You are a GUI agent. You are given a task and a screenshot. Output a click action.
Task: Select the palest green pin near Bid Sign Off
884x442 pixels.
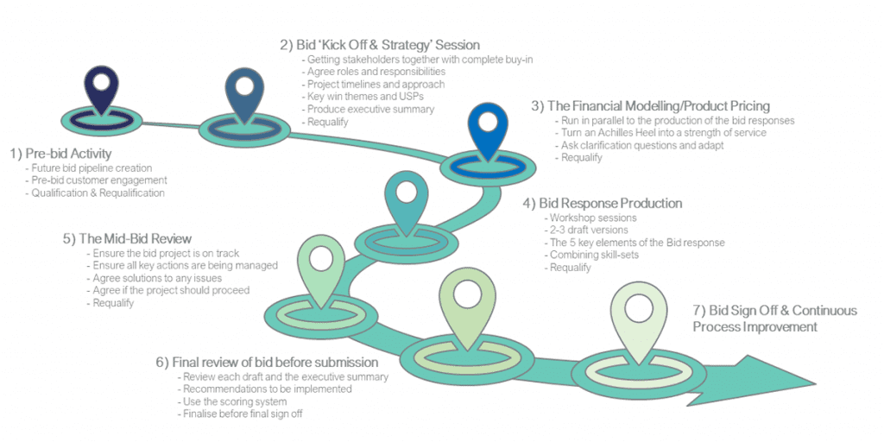pyautogui.click(x=639, y=316)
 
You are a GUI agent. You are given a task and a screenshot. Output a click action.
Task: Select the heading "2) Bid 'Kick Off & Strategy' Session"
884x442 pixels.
pyautogui.click(x=380, y=44)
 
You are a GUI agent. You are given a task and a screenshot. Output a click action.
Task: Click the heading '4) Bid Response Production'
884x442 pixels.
pyautogui.click(x=602, y=203)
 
